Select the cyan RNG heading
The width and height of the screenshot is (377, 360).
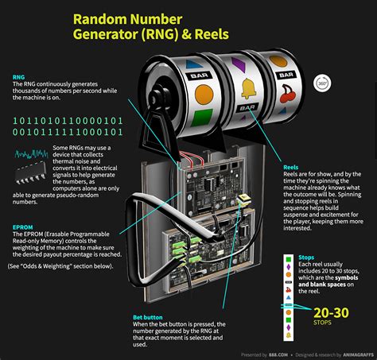[17, 78]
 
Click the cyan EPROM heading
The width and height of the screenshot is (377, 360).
[23, 227]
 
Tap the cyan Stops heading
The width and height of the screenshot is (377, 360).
[306, 258]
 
